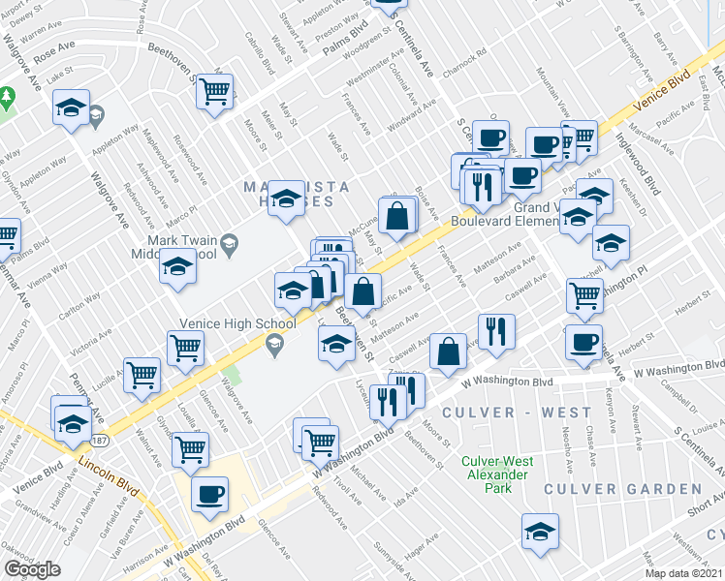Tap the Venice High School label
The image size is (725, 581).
(x=223, y=325)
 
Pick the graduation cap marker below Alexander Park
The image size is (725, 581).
(x=540, y=531)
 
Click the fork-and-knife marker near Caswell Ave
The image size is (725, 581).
(x=496, y=330)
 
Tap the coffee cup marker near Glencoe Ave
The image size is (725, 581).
(x=209, y=494)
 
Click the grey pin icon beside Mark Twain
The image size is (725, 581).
(x=229, y=242)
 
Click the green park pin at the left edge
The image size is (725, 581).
(x=7, y=98)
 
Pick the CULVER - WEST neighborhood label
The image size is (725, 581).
(x=516, y=413)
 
